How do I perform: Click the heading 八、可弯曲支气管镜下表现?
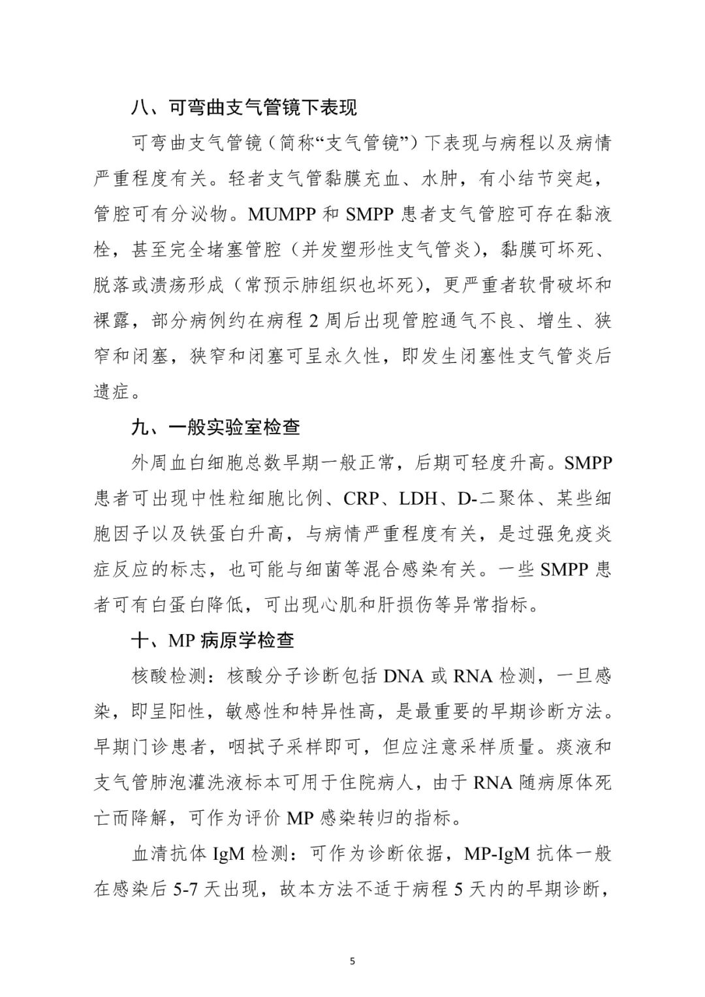pyautogui.click(x=244, y=107)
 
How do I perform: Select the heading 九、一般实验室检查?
pyautogui.click(x=216, y=427)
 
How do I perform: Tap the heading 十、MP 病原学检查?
pyautogui.click(x=213, y=640)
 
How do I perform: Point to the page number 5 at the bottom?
pyautogui.click(x=352, y=960)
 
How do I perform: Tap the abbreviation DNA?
pyautogui.click(x=404, y=676)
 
